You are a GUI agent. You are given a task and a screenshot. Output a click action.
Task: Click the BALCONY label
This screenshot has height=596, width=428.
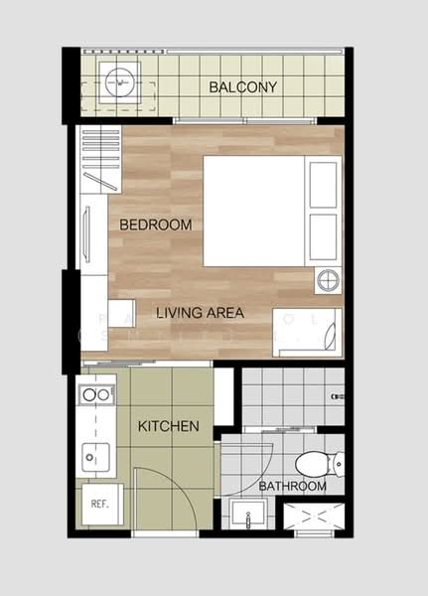tap(242, 87)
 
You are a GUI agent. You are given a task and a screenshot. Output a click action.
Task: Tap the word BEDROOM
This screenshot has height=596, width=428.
tap(156, 225)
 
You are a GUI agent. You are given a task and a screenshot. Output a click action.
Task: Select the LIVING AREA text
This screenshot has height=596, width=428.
tap(200, 313)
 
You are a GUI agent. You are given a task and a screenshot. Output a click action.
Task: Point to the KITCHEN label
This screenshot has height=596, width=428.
tap(169, 427)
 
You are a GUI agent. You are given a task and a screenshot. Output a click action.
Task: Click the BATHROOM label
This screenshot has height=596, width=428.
tap(292, 487)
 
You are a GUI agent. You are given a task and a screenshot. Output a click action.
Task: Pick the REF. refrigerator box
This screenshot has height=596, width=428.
tap(99, 504)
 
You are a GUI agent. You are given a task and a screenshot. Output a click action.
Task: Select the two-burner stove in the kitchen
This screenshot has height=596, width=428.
tap(96, 395)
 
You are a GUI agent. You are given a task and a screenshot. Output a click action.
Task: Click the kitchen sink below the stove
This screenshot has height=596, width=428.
tap(93, 458)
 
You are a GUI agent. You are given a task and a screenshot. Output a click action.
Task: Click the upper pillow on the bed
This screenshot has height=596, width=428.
tap(325, 184)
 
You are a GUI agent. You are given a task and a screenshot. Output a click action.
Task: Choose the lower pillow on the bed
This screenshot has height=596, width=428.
tap(325, 236)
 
